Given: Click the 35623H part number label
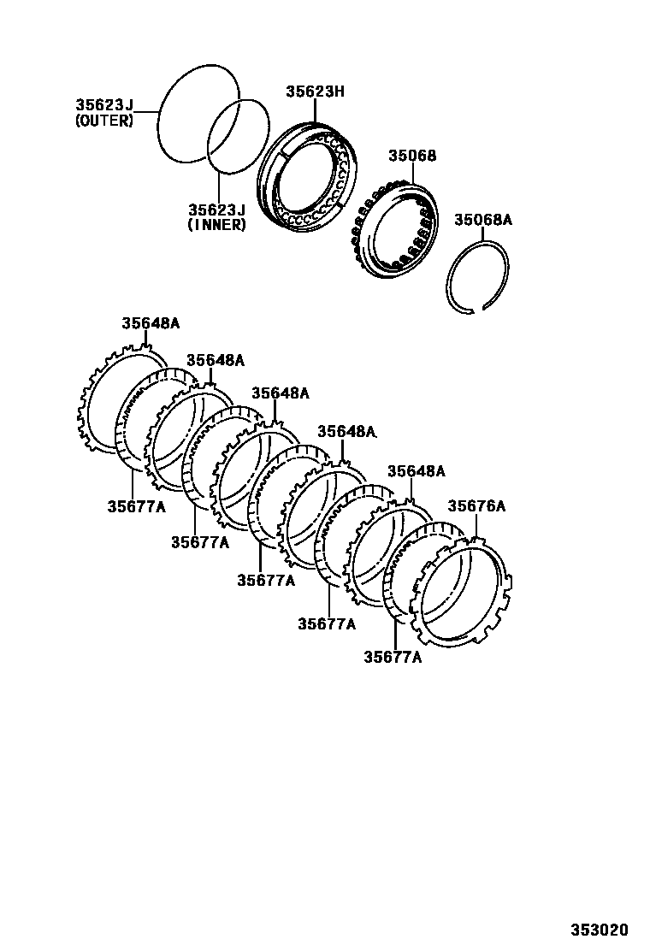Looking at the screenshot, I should coord(314,90).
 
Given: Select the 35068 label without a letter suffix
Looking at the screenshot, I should coord(412,156).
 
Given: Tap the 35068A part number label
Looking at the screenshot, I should coord(482,220).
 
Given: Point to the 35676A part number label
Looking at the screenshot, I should coord(476,506).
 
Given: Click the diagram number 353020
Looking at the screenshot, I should coord(600,930).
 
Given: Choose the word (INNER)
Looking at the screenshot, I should coord(217,225).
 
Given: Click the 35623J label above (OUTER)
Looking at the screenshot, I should coord(104,105).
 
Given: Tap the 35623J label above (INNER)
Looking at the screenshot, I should coord(217,210).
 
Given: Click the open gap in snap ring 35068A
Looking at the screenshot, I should coord(479,310).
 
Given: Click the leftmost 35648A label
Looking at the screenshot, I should coord(150,323).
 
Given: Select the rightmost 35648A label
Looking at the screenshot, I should coord(417,471).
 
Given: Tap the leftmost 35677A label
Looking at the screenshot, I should coord(136,505).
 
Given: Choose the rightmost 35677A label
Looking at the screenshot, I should coord(393,657).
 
